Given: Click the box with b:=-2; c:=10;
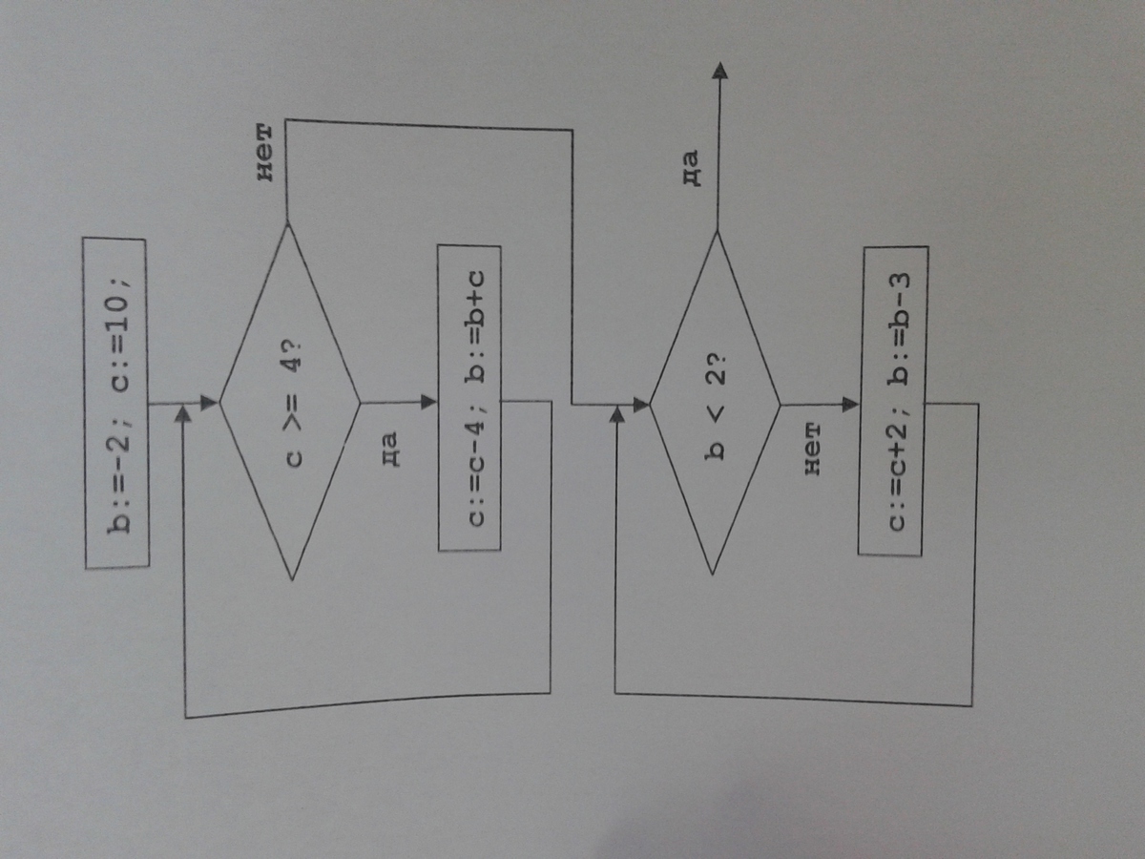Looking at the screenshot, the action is click(x=115, y=403).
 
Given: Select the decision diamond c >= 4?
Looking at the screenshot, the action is click(x=290, y=402).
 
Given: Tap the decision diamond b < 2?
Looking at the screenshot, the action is click(x=715, y=403).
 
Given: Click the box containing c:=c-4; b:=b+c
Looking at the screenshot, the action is click(x=469, y=398).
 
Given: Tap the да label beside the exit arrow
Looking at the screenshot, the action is click(x=692, y=168).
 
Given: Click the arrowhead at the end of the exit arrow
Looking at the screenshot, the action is click(x=719, y=72).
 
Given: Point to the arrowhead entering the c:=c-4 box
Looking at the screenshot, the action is click(x=428, y=402).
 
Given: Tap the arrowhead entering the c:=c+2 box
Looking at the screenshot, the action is click(x=850, y=404).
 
